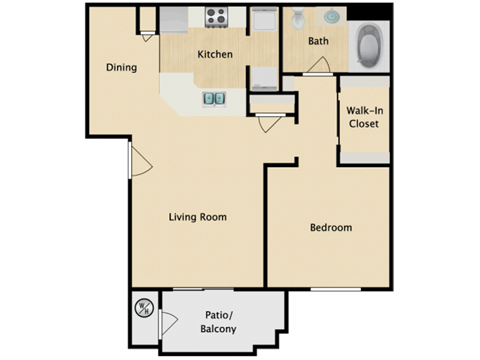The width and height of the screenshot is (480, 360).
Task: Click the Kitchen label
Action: (215, 54)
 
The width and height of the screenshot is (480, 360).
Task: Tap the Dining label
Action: (121, 68)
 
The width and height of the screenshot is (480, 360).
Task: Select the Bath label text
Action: (318, 41)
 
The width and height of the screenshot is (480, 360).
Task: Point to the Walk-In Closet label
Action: (362, 118)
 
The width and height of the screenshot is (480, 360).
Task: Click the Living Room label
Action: (197, 217)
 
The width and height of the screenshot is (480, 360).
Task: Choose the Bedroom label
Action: (330, 228)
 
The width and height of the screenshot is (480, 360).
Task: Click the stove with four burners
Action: (217, 17)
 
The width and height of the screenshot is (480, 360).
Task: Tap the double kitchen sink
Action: (214, 98)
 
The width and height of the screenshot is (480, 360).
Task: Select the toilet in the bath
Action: (299, 18)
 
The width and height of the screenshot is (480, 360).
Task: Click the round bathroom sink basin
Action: (331, 16)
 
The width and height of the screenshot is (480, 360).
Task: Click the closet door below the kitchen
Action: (268, 123)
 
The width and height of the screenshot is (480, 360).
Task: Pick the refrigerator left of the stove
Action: (173, 18)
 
